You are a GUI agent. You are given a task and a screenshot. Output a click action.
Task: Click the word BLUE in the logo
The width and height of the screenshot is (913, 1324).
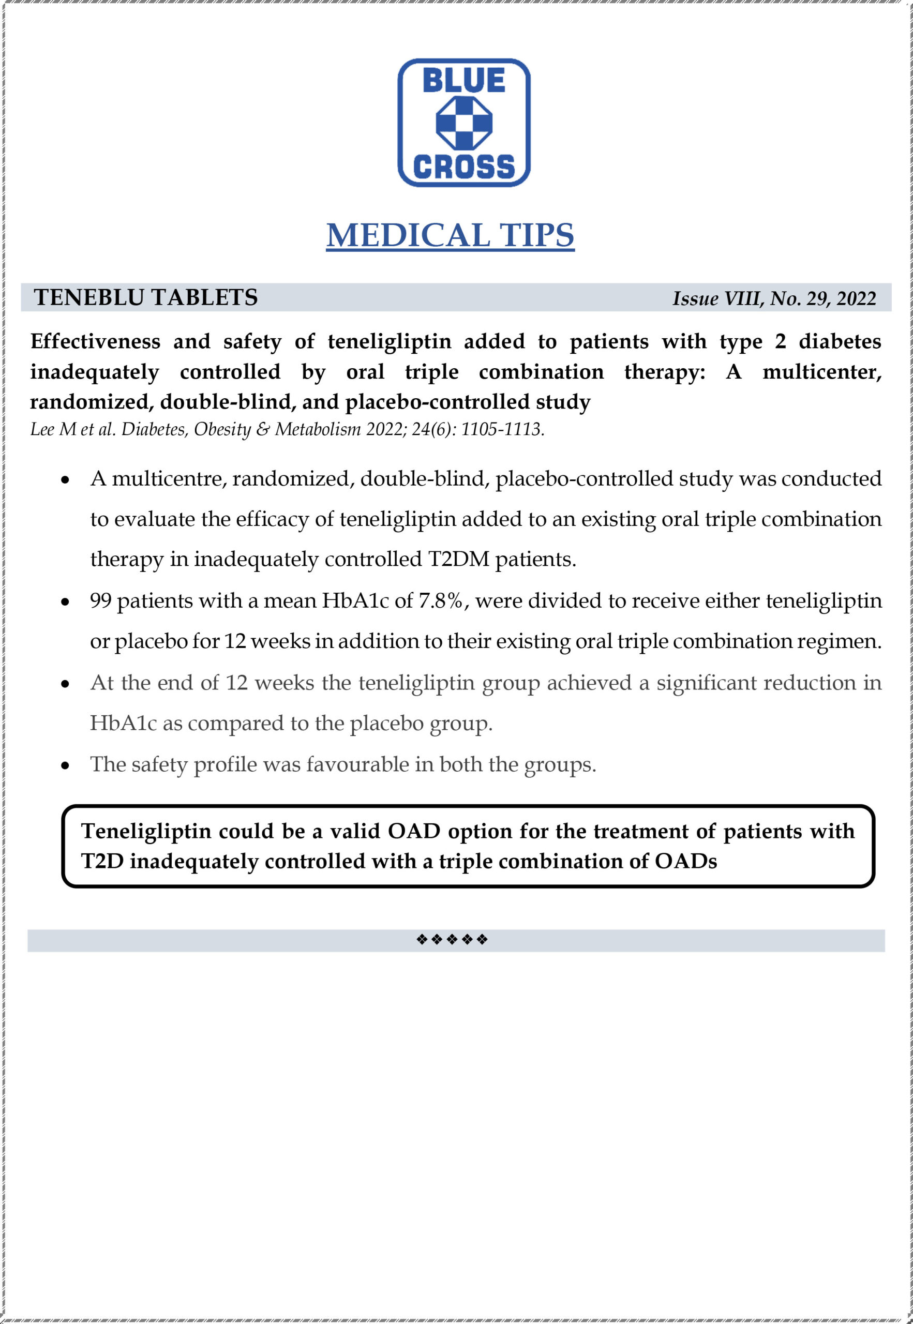click(463, 81)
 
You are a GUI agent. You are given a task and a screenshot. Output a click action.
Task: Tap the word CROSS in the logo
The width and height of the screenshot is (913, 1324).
click(463, 167)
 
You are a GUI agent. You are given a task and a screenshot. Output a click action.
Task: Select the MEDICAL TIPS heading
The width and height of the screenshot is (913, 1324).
click(450, 235)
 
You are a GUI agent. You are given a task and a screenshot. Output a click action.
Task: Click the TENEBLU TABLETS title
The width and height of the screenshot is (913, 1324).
click(146, 297)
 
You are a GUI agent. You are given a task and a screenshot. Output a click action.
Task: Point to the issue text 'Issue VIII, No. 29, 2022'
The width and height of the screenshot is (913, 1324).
click(774, 298)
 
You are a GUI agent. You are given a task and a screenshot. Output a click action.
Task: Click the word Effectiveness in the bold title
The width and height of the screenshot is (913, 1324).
click(96, 341)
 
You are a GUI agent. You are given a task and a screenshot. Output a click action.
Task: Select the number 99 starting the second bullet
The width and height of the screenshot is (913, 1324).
click(101, 600)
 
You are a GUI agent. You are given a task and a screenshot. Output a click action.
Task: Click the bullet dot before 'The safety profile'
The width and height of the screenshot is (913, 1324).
click(66, 766)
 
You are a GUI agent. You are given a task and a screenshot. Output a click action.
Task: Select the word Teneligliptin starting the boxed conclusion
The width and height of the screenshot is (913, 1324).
click(146, 831)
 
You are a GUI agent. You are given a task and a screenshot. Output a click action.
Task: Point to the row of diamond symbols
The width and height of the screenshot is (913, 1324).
click(452, 940)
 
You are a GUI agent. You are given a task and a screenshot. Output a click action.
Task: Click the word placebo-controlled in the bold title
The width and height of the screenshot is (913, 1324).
click(438, 402)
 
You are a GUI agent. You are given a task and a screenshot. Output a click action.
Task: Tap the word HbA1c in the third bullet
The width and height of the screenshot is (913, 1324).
click(123, 724)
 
